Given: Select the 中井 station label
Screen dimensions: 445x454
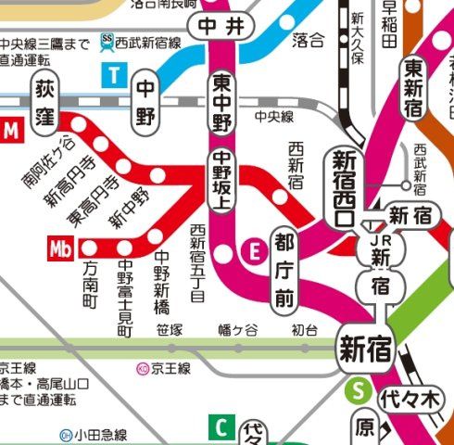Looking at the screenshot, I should [221, 27].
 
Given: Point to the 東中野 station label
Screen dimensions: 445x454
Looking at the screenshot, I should [221, 101].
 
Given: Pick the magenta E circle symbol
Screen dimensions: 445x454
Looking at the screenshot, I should [251, 248].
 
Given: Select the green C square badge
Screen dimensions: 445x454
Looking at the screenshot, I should [221, 427].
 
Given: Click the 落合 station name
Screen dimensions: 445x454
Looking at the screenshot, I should [308, 39].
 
